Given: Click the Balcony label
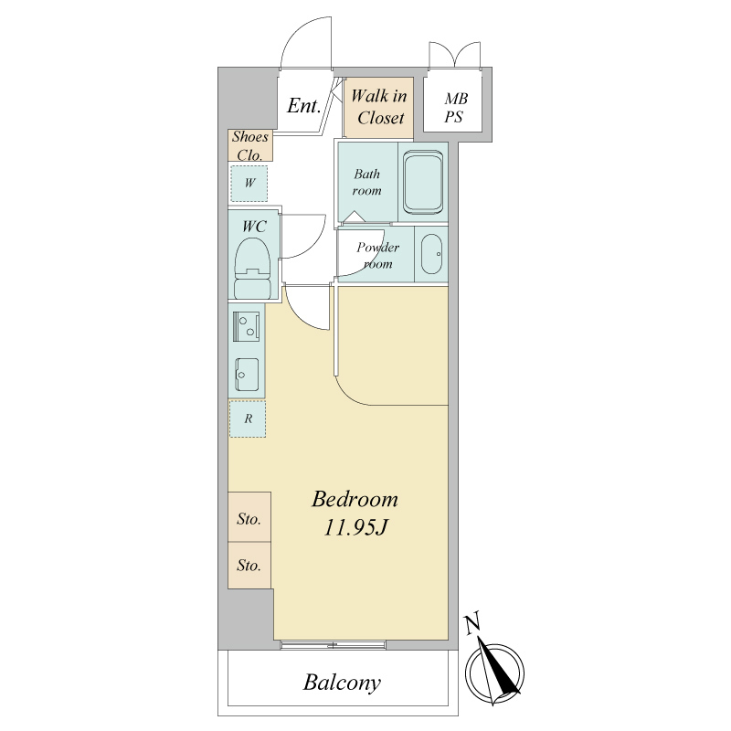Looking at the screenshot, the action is [x=342, y=683].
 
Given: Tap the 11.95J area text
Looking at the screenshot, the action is [x=355, y=528].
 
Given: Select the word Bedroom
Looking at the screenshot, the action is [x=355, y=499].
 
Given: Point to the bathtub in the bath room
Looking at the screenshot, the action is [x=423, y=182].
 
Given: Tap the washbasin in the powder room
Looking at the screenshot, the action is [x=431, y=254].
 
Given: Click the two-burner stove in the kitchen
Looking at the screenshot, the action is [x=247, y=325].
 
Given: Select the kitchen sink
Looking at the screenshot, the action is [x=247, y=375].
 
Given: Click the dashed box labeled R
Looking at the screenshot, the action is [x=248, y=418].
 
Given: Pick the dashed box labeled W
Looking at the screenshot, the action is [x=249, y=184].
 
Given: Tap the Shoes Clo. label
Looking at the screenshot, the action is [x=250, y=145].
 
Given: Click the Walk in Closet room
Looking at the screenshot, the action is [x=378, y=108].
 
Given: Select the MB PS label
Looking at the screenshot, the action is [x=455, y=108].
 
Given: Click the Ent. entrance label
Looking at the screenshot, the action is [x=304, y=105].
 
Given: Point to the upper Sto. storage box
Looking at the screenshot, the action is [x=249, y=516].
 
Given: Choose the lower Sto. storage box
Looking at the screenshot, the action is [x=249, y=565].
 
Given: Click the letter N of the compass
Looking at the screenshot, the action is [x=472, y=625].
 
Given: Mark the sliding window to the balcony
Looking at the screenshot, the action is [x=334, y=646].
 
